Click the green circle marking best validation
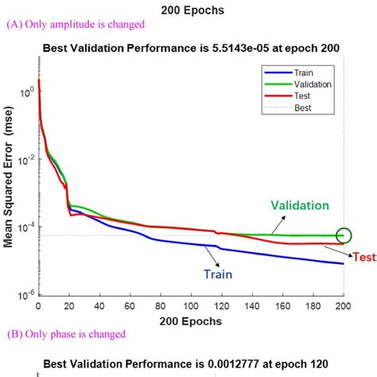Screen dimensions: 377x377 click(x=344, y=235)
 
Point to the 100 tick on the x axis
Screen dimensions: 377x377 click(x=191, y=305)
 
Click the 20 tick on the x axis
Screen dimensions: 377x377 click(x=69, y=305)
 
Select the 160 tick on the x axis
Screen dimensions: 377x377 click(x=282, y=305)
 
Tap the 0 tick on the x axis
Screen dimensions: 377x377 click(x=38, y=305)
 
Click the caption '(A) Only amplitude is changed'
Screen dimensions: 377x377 click(x=75, y=24)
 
